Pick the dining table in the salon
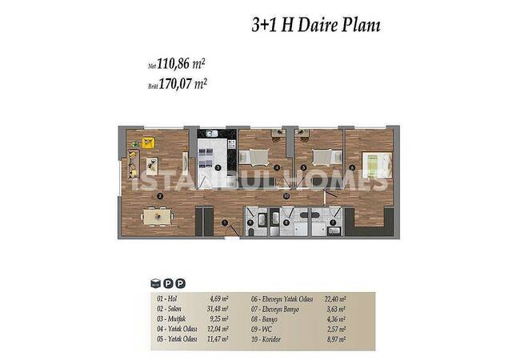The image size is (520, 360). click(x=156, y=214)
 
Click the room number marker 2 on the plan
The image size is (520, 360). click(x=160, y=195)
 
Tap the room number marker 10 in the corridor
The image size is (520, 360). click(x=285, y=195)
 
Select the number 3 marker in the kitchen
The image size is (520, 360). click(x=218, y=167)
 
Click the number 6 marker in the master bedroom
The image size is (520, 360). click(x=353, y=167)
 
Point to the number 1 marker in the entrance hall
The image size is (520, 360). click(x=226, y=222)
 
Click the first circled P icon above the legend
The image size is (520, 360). click(x=168, y=282)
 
